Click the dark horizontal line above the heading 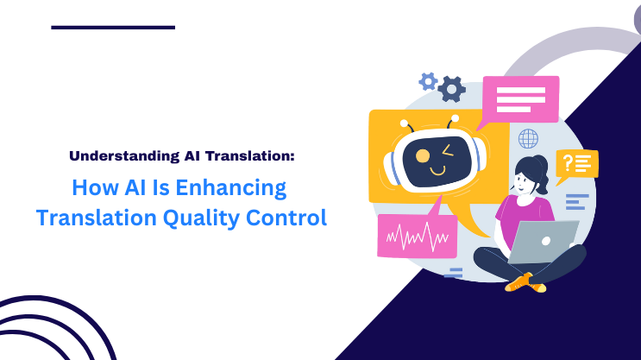coord(113,28)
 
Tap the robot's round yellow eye coord(423,156)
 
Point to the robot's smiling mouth coord(438,170)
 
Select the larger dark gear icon coord(451,88)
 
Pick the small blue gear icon coord(427,81)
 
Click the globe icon coord(527,137)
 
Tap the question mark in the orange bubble coord(567,161)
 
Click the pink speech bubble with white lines coord(519,98)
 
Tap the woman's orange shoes coord(521,281)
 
